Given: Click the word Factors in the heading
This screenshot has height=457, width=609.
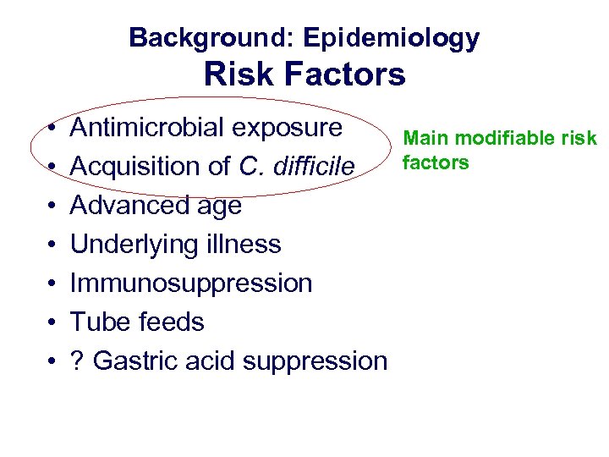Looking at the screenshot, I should tap(344, 75).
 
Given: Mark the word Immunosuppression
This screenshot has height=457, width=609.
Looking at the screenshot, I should tap(191, 284).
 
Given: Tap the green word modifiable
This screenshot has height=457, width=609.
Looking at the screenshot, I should tap(506, 139).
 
